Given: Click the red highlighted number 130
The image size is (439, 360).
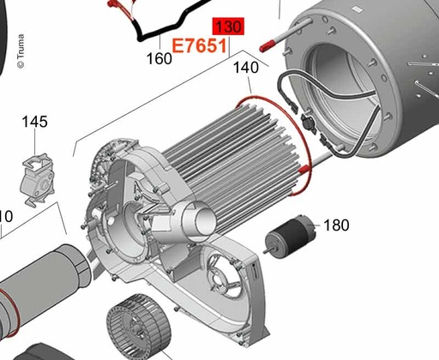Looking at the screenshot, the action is (228, 27).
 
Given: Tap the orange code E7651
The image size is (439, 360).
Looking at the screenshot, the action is (199, 45).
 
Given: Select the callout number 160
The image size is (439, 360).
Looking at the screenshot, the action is (159, 59).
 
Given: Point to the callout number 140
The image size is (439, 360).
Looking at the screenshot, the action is (246, 68).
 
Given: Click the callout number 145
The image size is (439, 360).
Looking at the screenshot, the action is (35, 122).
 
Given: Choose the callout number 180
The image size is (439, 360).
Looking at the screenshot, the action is (336, 225).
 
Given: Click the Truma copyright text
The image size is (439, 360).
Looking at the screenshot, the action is (21, 51).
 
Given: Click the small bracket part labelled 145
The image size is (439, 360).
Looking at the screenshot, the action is (38, 179).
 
